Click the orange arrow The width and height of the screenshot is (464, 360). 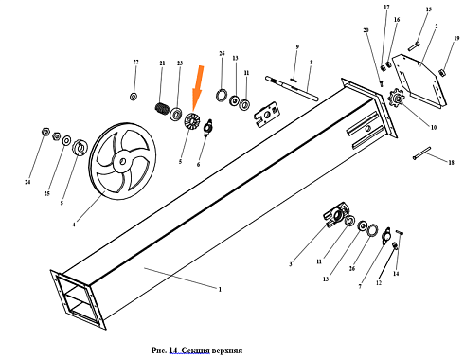[x=198, y=88]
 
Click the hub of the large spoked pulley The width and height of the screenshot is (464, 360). [x=122, y=162]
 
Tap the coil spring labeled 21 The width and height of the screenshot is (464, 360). [x=163, y=109]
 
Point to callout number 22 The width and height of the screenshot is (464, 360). [x=135, y=62]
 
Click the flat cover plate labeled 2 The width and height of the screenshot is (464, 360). [x=419, y=81]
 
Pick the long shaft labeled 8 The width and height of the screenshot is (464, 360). [x=292, y=88]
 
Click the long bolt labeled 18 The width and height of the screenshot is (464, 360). [x=421, y=153]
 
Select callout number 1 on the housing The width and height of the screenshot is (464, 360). [x=220, y=289]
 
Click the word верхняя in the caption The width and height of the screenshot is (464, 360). [x=227, y=351]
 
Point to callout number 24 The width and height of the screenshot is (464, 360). [x=27, y=182]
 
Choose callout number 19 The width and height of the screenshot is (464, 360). [x=456, y=38]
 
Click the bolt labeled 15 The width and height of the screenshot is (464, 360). [x=414, y=46]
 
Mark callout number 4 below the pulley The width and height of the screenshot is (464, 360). [x=74, y=225]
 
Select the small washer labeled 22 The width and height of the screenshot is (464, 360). [x=134, y=97]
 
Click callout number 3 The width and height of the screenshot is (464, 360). [x=291, y=264]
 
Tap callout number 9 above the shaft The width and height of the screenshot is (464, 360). [x=297, y=47]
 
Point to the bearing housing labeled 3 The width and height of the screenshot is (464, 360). [x=336, y=214]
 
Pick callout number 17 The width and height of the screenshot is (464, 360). [x=386, y=7]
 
